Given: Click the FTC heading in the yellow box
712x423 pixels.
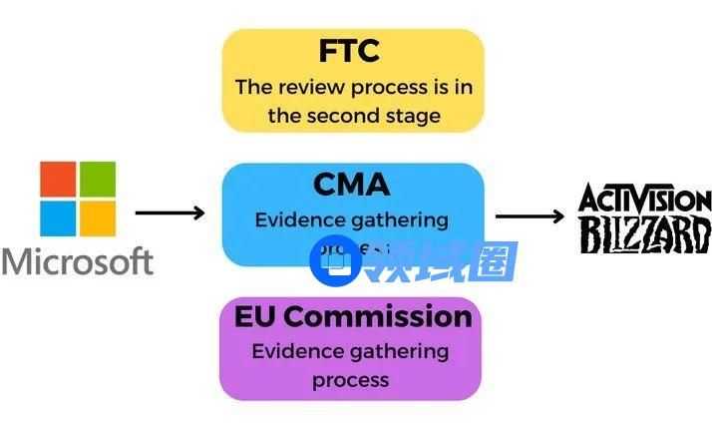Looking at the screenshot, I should tap(352, 51).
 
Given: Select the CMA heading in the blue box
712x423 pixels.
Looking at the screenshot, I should tap(352, 185).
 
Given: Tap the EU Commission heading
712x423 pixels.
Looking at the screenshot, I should tap(352, 317).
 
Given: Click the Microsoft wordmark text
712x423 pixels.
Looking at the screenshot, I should tap(78, 261).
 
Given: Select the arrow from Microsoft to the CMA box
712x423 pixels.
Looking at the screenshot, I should tap(170, 212).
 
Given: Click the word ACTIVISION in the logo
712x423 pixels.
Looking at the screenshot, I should tap(645, 199).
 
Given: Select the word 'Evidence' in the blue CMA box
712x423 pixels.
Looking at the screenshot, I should tap(298, 219).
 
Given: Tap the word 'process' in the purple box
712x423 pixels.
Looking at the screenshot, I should tap(350, 380).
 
